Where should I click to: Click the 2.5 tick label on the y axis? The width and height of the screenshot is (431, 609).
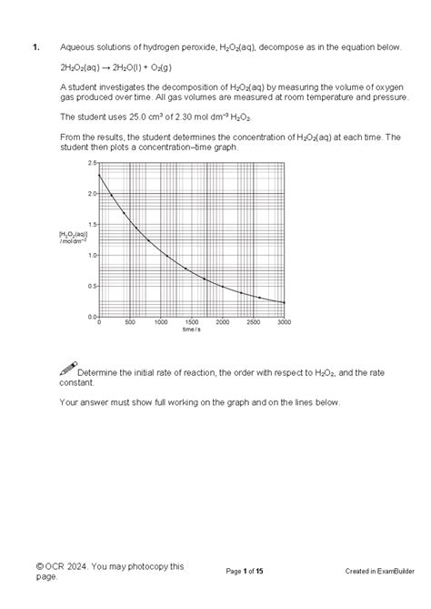point(92,163)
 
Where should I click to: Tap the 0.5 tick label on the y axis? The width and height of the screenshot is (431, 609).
point(92,286)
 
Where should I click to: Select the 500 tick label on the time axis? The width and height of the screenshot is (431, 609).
point(129,322)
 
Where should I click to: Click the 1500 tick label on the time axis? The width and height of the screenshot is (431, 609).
point(191,322)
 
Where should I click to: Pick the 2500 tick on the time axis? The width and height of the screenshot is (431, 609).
point(253,322)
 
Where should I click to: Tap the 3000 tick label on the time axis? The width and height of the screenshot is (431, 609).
point(284,322)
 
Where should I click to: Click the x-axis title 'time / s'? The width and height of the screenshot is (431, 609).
point(191,330)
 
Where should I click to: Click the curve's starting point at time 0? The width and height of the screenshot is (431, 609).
point(99,175)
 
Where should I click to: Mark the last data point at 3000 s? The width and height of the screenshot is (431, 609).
point(284,303)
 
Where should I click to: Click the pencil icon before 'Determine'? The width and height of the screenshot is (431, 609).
point(67,369)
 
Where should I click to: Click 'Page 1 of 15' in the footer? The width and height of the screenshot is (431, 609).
point(245,571)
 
